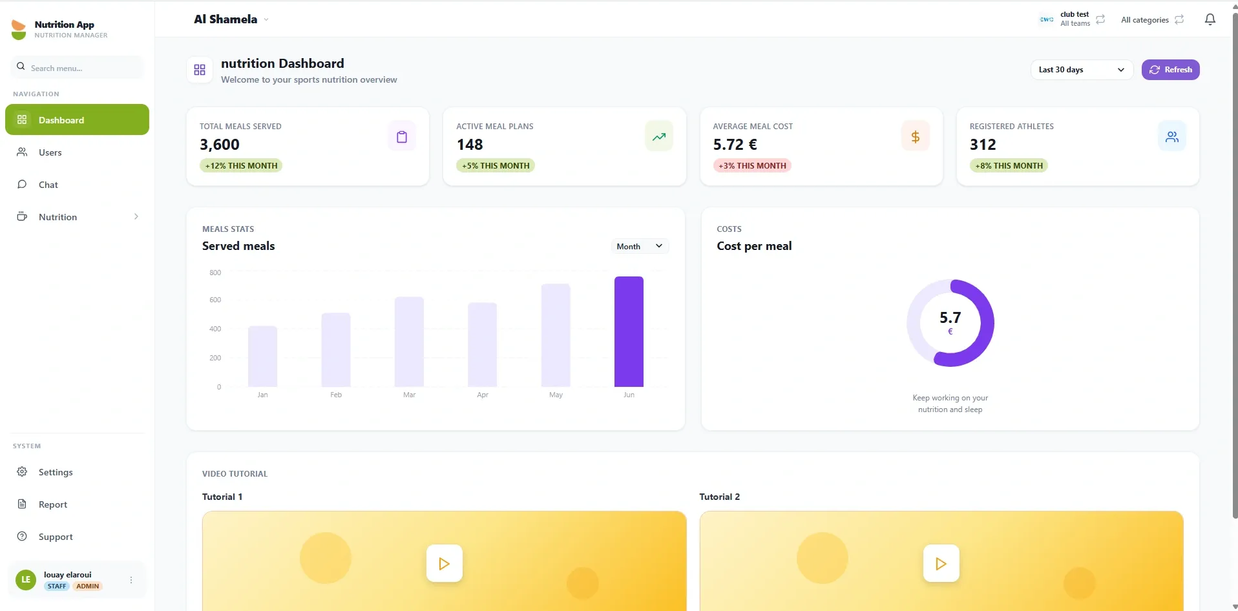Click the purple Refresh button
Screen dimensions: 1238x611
pyautogui.click(x=1170, y=70)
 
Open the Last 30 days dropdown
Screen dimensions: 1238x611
pyautogui.click(x=1082, y=70)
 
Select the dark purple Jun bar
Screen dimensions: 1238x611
pyautogui.click(x=629, y=331)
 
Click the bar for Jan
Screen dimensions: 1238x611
pyautogui.click(x=262, y=357)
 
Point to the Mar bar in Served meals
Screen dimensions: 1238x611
pyautogui.click(x=409, y=342)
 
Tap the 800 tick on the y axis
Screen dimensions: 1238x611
pyautogui.click(x=215, y=273)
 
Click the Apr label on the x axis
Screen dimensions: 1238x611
pyautogui.click(x=483, y=395)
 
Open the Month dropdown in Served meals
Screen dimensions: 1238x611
pyautogui.click(x=640, y=246)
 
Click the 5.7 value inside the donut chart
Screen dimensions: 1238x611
pyautogui.click(x=950, y=318)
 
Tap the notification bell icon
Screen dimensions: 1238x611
pyautogui.click(x=1210, y=19)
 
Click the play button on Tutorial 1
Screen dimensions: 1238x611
pyautogui.click(x=445, y=563)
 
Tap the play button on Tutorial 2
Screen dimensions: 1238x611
pyautogui.click(x=941, y=563)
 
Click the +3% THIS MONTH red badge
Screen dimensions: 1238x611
pyautogui.click(x=752, y=166)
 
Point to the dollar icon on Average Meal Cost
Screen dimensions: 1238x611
pyautogui.click(x=915, y=136)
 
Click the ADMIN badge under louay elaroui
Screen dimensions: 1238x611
pyautogui.click(x=87, y=586)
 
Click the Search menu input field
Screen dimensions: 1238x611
pyautogui.click(x=77, y=68)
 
